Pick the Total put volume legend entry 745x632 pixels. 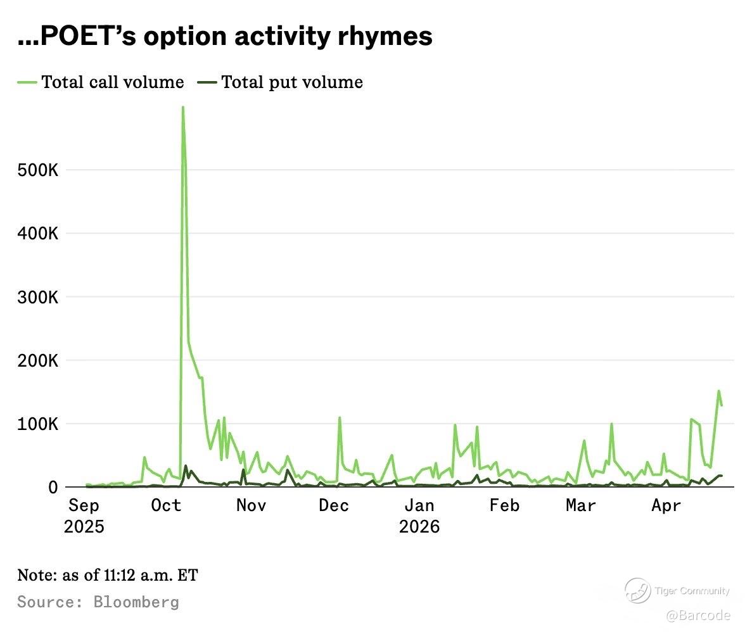click(x=292, y=82)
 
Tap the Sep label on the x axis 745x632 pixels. click(x=84, y=506)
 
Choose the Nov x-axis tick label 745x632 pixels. click(x=251, y=506)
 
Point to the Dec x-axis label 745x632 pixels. click(x=334, y=506)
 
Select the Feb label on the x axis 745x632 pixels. click(x=504, y=506)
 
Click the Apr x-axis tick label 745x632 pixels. click(x=666, y=506)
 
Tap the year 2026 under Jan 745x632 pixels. click(x=419, y=527)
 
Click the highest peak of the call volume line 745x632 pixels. click(x=182, y=108)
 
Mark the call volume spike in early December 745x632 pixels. click(x=340, y=418)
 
